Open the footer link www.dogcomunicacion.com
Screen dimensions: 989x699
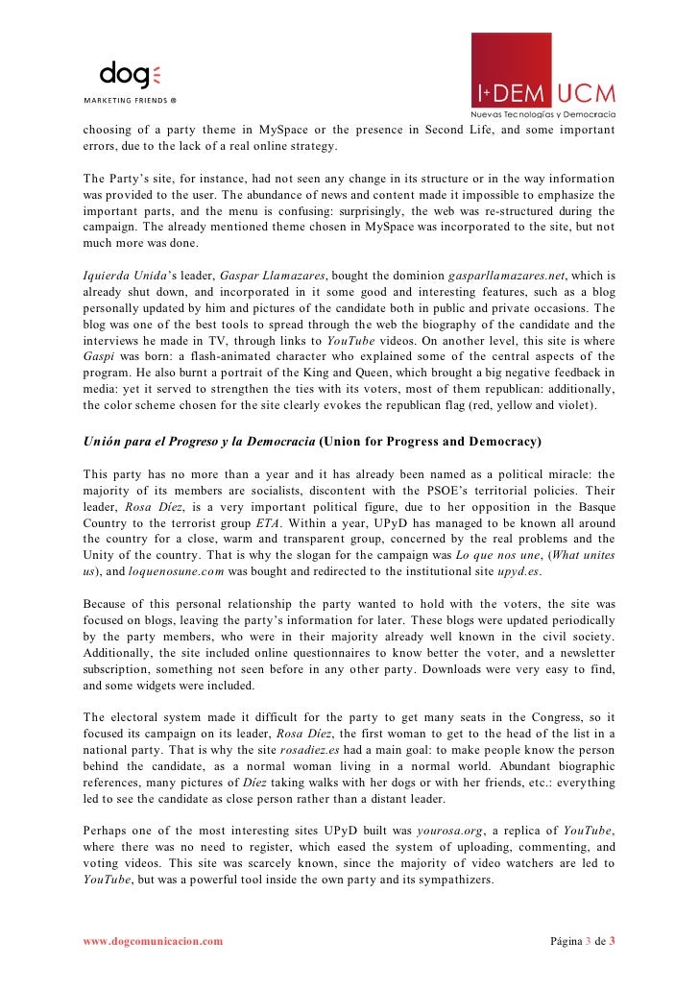click(x=153, y=941)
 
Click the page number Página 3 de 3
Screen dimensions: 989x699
click(x=583, y=941)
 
